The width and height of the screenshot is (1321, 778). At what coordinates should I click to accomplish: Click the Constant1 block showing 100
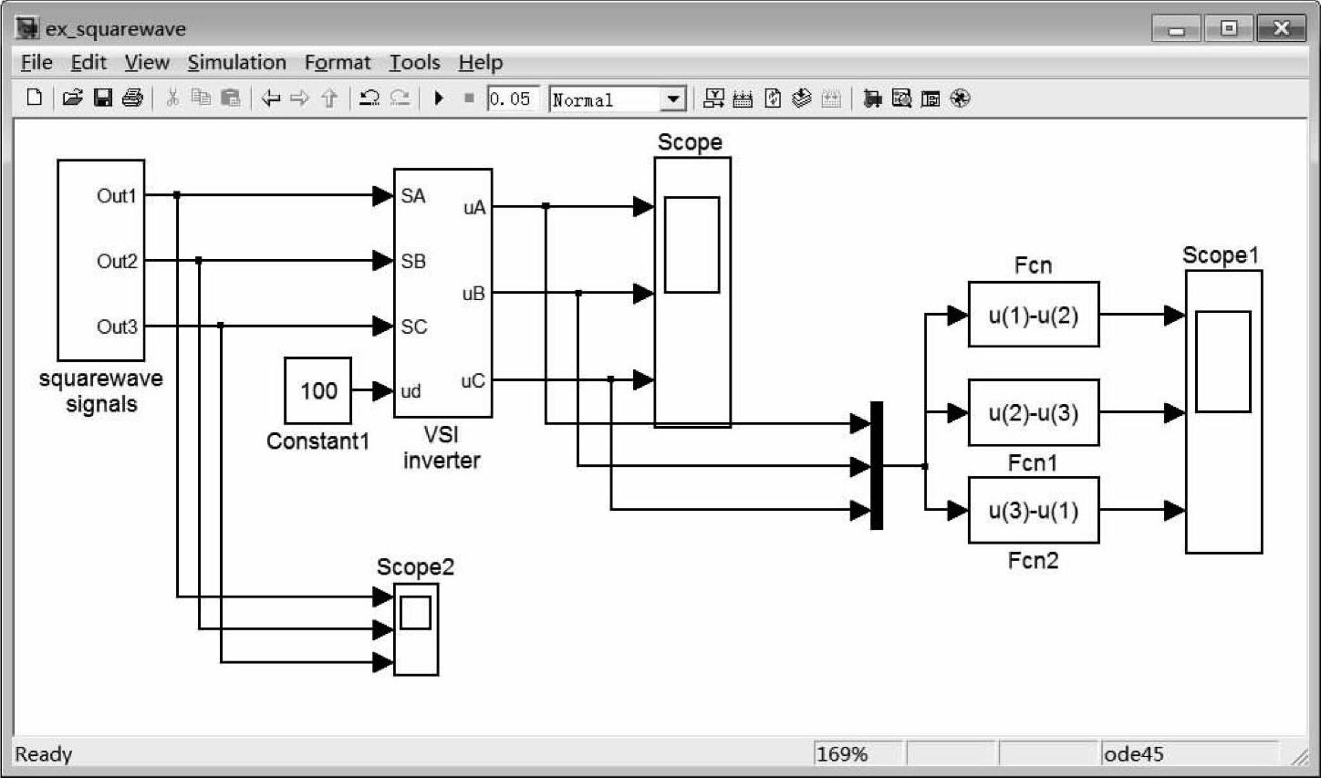(x=317, y=390)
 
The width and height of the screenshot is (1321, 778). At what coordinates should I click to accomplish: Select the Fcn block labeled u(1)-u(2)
(x=1033, y=316)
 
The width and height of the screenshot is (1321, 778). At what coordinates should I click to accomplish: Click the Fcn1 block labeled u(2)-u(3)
(x=1033, y=413)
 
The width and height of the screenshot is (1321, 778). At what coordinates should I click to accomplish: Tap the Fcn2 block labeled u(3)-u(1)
(x=1033, y=511)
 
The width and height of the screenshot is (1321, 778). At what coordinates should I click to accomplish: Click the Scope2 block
(x=416, y=628)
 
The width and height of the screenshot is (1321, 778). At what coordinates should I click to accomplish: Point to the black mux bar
(x=877, y=465)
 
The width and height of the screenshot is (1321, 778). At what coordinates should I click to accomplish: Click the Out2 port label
(x=117, y=262)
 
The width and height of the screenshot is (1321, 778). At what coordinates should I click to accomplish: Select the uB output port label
(x=473, y=294)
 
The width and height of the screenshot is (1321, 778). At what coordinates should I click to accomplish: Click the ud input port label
(x=411, y=391)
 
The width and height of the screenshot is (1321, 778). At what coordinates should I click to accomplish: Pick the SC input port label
(x=413, y=327)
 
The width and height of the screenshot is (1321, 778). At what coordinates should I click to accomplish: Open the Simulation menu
(x=236, y=62)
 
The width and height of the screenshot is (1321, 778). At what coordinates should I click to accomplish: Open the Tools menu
(x=414, y=62)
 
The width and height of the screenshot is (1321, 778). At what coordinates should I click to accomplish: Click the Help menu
(x=480, y=62)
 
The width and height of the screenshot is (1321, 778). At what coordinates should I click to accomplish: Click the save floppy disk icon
(x=103, y=98)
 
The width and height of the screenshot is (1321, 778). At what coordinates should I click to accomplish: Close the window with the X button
(x=1280, y=28)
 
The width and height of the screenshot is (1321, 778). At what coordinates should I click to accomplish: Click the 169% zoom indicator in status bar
(x=841, y=754)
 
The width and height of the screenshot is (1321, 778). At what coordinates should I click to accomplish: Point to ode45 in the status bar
(x=1133, y=754)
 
